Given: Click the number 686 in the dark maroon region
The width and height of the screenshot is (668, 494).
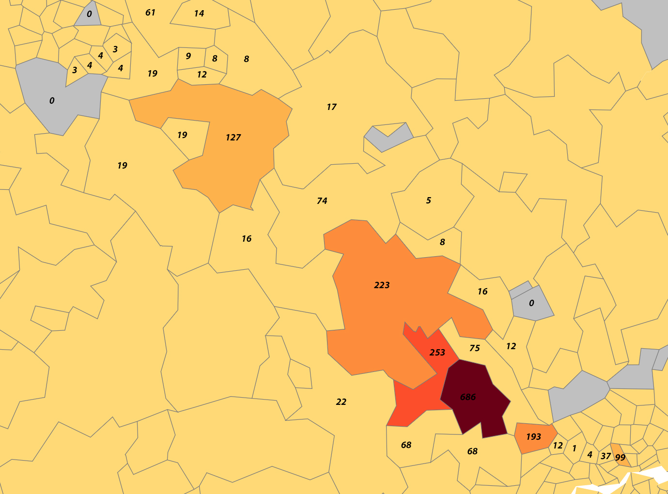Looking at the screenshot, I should [x=467, y=397].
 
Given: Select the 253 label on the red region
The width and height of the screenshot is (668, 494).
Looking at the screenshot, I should [x=437, y=353].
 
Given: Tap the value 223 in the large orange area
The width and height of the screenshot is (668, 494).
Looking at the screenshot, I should [x=382, y=285].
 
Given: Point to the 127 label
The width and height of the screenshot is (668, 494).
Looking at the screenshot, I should [x=233, y=138].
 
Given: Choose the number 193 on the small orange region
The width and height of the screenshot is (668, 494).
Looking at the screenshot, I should [x=533, y=437].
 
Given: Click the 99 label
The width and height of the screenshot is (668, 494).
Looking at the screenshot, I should [x=620, y=457].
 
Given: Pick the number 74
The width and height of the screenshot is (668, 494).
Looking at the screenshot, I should [x=322, y=201].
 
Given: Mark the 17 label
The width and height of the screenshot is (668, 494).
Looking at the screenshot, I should [x=331, y=107].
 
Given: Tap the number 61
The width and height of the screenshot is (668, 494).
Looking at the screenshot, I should [x=150, y=13].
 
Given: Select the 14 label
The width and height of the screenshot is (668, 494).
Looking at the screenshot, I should [x=199, y=14].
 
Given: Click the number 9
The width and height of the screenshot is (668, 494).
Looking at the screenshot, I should [x=188, y=56].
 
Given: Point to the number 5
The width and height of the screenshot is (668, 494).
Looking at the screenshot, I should [x=428, y=201].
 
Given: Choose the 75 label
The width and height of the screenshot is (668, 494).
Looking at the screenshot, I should [x=475, y=348].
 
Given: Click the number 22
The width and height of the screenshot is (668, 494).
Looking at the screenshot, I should [x=341, y=402].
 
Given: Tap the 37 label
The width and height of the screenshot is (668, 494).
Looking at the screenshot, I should [x=606, y=456].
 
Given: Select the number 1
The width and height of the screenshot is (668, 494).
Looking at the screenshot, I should [x=574, y=448].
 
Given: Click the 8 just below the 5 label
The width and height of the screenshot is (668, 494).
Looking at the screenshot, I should [x=442, y=242].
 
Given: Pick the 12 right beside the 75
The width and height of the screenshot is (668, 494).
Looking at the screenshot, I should [x=511, y=346].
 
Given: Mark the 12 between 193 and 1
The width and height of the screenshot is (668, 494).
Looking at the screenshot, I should [x=558, y=446].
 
